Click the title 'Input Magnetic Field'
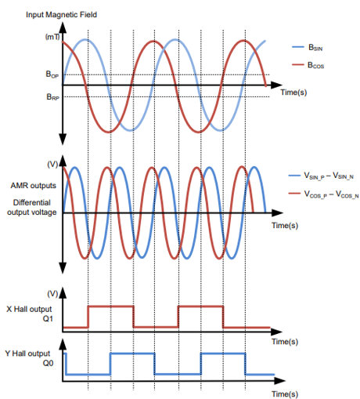point(61,15)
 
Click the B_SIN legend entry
point(308,48)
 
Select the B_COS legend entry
point(308,65)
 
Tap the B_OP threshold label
point(52,74)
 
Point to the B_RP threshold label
point(52,97)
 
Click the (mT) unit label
point(52,37)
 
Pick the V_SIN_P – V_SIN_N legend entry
point(321,176)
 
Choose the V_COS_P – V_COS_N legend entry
point(324,194)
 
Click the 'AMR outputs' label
point(34,186)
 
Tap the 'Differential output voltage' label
point(32,207)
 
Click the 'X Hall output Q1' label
point(29,314)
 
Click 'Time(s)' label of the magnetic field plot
point(293,92)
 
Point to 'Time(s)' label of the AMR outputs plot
point(285,225)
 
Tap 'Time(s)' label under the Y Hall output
point(285,394)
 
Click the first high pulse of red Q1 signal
point(111,307)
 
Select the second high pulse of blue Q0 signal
point(223,354)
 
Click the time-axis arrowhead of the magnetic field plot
point(276,85)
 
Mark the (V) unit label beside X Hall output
point(52,294)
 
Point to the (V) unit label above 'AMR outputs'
point(52,165)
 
